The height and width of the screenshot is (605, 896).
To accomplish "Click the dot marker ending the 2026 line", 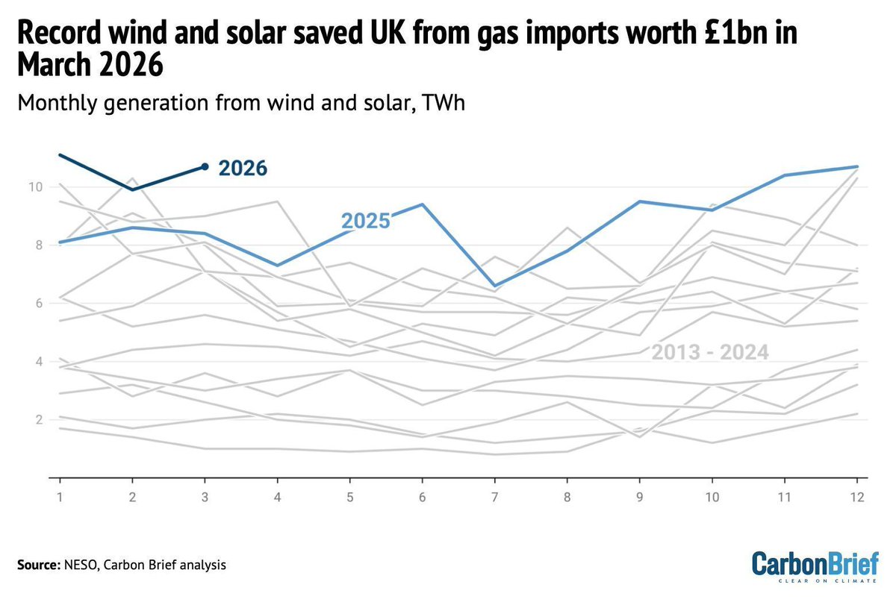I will pos(205,166).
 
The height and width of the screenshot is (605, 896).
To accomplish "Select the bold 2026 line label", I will pos(243,169).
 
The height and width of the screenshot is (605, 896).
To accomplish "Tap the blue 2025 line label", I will pos(366,221).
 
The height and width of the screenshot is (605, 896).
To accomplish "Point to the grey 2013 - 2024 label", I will pos(710,353).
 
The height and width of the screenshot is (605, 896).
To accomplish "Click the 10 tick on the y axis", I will pos(35,186).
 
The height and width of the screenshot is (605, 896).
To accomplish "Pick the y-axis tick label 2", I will pos(37,420).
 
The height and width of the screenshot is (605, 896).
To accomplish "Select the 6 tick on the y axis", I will pos(37,304).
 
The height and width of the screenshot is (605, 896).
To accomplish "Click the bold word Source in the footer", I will pos(36,565).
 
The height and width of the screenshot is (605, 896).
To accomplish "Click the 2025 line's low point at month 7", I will pos(495,286).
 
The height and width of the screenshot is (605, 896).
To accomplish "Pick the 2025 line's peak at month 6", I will pos(423,204).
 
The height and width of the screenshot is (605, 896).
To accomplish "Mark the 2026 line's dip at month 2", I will pos(132,189).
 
